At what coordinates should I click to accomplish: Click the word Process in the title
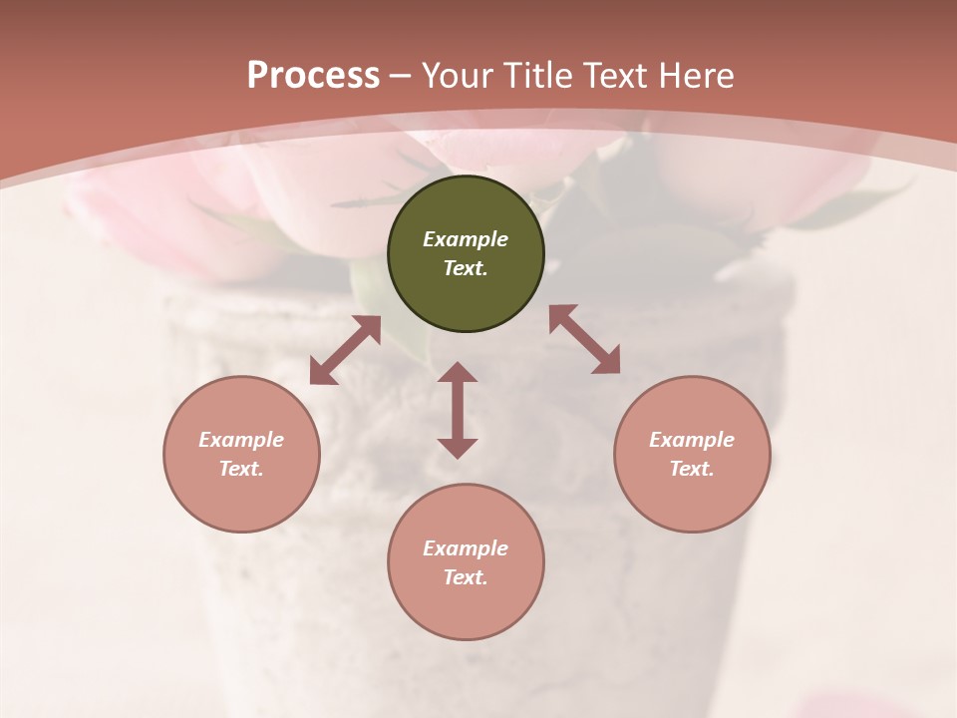point(313,76)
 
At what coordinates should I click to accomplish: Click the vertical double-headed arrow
point(458,410)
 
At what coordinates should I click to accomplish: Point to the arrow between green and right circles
point(585,339)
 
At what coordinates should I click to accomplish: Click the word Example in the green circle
point(466,239)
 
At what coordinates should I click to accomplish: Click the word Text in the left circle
point(241,469)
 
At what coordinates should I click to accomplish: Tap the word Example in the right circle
point(692,440)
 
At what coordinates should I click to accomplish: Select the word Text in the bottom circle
point(466,577)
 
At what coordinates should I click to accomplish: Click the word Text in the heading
point(613,76)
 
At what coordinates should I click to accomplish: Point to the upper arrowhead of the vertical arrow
point(458,373)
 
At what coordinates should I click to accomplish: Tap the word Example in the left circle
point(241,440)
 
